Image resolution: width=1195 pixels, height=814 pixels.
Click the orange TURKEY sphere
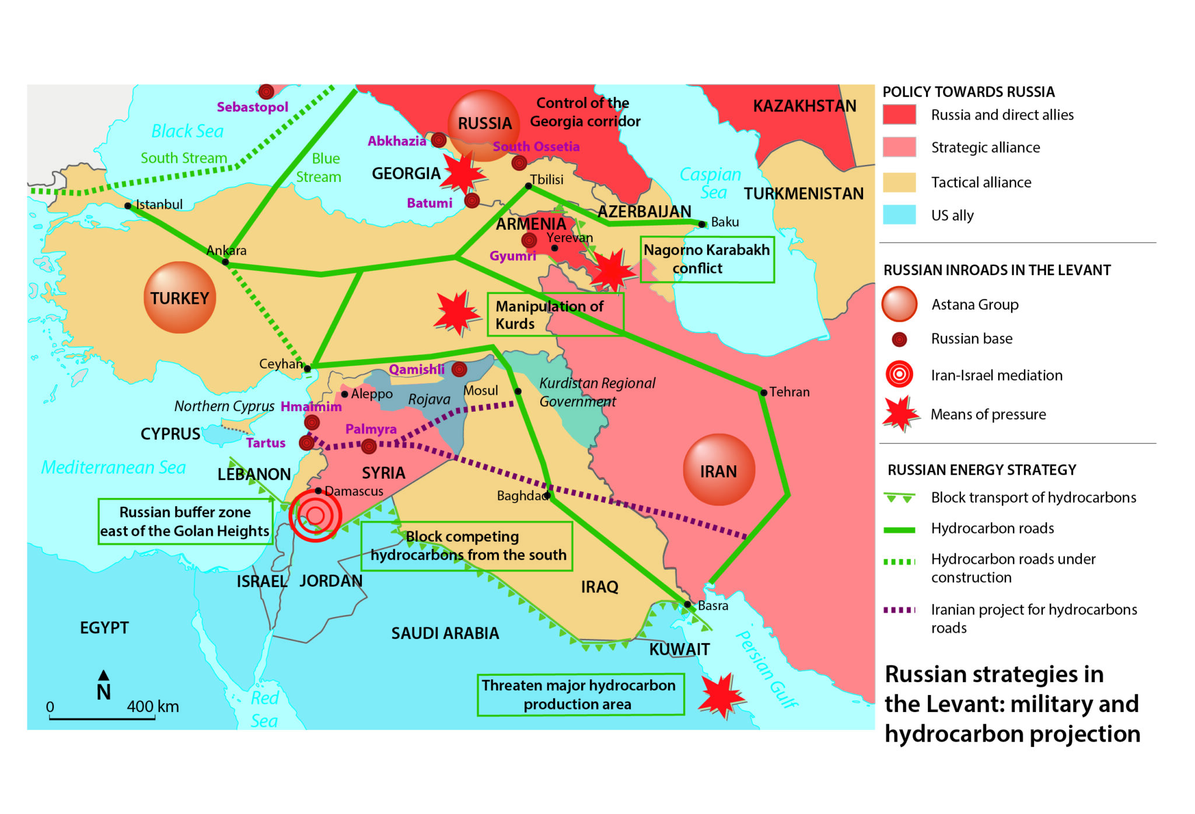click(x=179, y=298)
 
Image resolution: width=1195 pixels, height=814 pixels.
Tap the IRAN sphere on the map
click(x=718, y=470)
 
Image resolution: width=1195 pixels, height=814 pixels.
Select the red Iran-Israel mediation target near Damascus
click(x=315, y=515)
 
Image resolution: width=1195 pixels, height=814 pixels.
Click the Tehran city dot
click(x=763, y=392)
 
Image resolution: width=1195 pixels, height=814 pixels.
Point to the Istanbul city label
click(x=159, y=205)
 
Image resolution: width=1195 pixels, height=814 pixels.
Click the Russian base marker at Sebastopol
click(x=266, y=92)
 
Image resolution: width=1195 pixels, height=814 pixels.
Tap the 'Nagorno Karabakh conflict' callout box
click(x=707, y=259)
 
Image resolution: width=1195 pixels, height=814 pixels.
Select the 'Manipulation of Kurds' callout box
click(x=555, y=315)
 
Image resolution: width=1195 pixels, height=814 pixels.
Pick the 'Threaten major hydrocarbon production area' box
click(x=580, y=694)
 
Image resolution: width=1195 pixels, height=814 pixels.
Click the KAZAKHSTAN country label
click(x=804, y=106)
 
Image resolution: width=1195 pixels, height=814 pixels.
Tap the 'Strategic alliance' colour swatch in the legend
click(x=899, y=148)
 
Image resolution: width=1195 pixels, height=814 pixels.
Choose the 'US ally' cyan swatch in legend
click(x=899, y=215)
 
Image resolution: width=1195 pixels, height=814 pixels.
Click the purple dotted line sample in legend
click(x=899, y=610)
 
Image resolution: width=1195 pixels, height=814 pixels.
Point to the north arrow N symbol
click(x=103, y=686)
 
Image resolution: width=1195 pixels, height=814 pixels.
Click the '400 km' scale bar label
click(x=153, y=707)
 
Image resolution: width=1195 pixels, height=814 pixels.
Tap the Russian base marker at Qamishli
click(x=459, y=369)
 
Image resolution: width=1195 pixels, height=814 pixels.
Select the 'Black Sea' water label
click(x=187, y=131)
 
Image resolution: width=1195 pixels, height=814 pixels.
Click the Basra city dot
click(x=687, y=604)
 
